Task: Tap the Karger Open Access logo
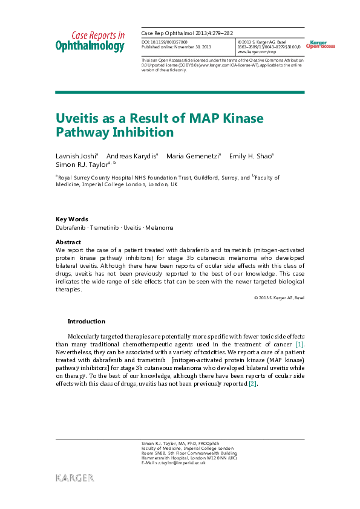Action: pyautogui.click(x=320, y=45)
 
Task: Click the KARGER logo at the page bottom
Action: pyautogui.click(x=75, y=478)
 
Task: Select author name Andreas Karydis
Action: pyautogui.click(x=131, y=156)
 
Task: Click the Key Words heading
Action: pyautogui.click(x=71, y=219)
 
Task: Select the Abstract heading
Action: pyautogui.click(x=68, y=241)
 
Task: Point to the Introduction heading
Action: pyautogui.click(x=86, y=322)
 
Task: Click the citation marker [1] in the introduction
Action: pyautogui.click(x=299, y=344)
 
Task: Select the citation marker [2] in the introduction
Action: pyautogui.click(x=253, y=383)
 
